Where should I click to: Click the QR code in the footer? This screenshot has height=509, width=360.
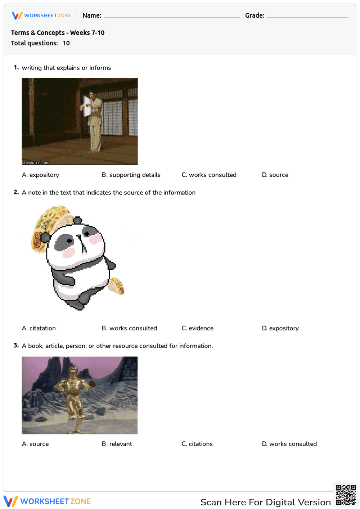click(346, 495)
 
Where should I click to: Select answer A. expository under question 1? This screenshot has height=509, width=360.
click(40, 175)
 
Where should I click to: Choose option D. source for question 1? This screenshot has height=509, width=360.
click(275, 175)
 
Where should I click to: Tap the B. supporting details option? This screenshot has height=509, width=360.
click(131, 175)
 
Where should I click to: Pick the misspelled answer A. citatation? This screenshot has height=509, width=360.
click(39, 328)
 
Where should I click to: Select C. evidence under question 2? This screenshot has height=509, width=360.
click(197, 328)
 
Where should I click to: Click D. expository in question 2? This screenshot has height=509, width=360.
click(280, 328)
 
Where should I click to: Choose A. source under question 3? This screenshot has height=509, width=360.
click(35, 444)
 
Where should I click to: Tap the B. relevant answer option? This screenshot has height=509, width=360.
click(117, 444)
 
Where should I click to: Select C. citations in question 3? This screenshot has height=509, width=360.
click(197, 444)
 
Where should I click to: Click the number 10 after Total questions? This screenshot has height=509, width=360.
click(66, 43)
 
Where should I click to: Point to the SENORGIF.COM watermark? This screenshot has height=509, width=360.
click(35, 163)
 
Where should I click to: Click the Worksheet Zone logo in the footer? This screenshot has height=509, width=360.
click(47, 501)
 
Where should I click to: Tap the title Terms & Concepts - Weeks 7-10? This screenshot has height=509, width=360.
click(58, 33)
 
